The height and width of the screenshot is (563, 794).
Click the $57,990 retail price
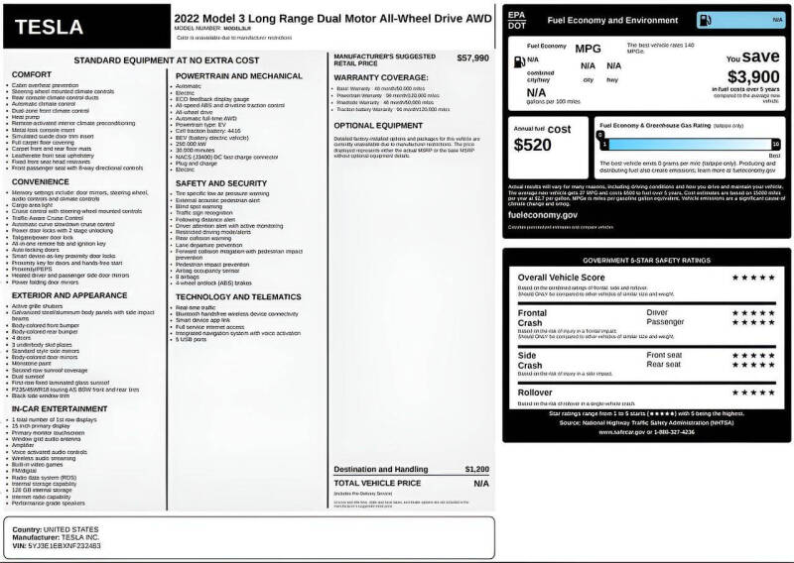point(472,58)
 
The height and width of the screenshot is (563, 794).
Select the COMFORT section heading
point(32,74)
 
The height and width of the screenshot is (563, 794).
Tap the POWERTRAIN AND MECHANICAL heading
point(239,75)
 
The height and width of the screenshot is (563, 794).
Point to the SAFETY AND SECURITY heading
point(220,183)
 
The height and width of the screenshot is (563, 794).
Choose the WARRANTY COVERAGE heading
point(381,77)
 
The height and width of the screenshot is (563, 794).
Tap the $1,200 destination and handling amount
point(476,469)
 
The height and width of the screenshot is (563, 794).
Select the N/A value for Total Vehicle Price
point(480,483)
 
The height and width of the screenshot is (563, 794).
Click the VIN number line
point(57,546)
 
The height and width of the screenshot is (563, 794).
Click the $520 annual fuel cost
point(534,145)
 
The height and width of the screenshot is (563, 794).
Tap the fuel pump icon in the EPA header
point(731,19)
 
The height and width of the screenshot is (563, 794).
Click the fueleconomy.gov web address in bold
point(542,214)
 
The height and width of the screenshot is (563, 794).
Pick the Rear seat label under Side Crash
point(665,364)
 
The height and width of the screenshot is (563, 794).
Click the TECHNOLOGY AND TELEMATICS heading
point(238,296)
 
